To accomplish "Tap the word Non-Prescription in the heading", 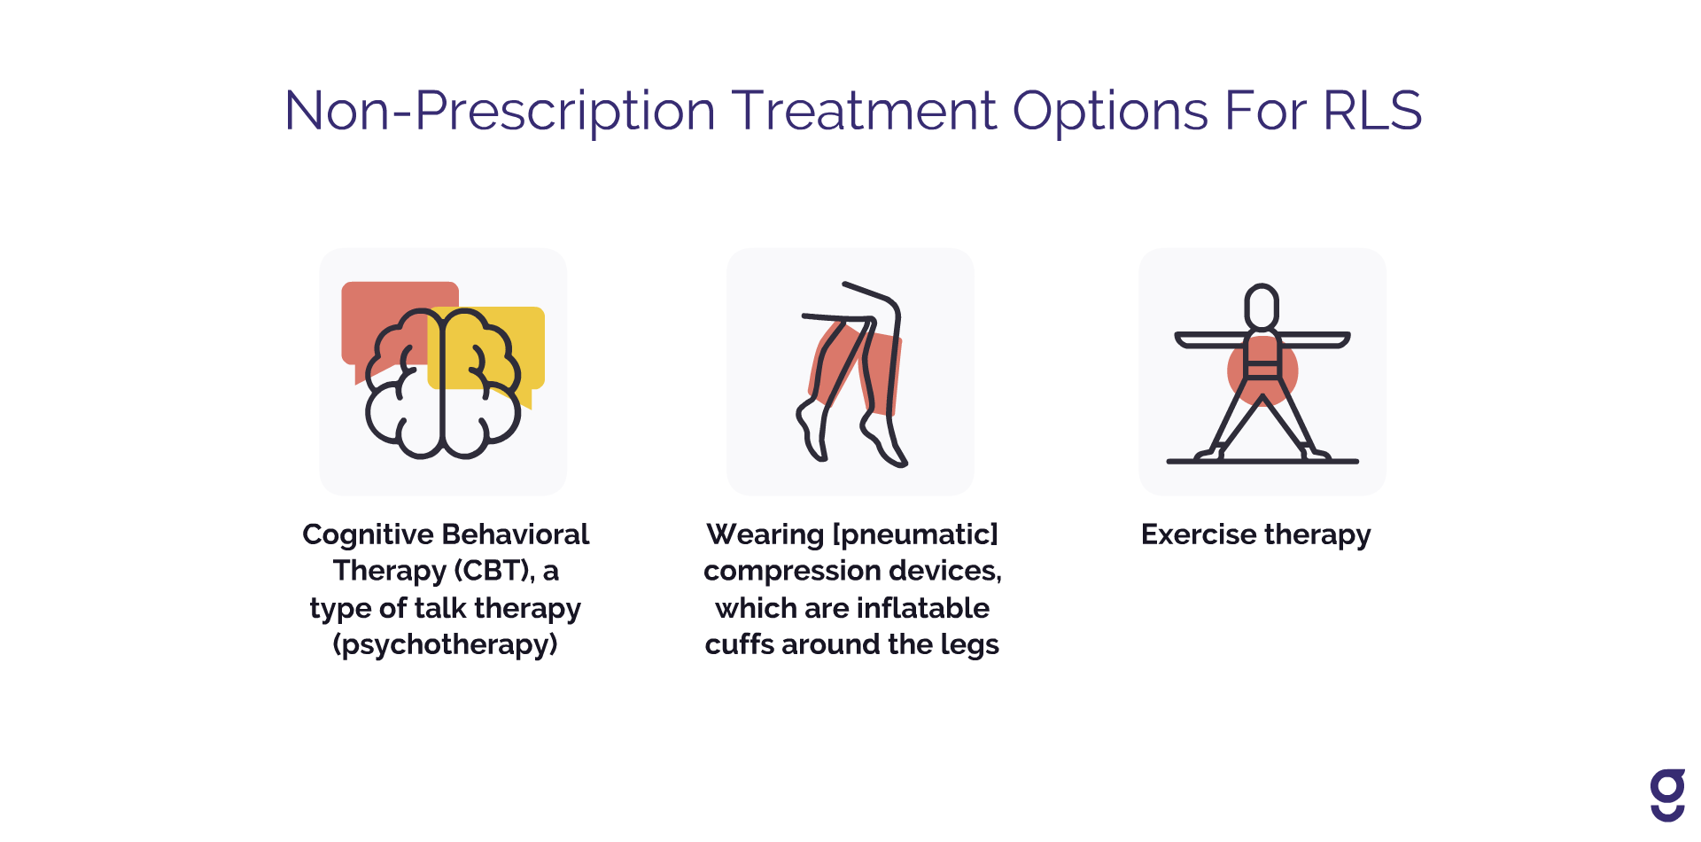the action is tap(500, 113).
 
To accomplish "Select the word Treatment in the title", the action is tap(865, 111).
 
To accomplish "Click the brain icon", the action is tap(443, 383).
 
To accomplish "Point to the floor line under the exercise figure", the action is tap(1262, 461).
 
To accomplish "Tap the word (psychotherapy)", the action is tap(446, 644).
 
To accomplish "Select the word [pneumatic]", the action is tap(916, 534).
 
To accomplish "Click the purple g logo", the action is tap(1667, 795).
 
